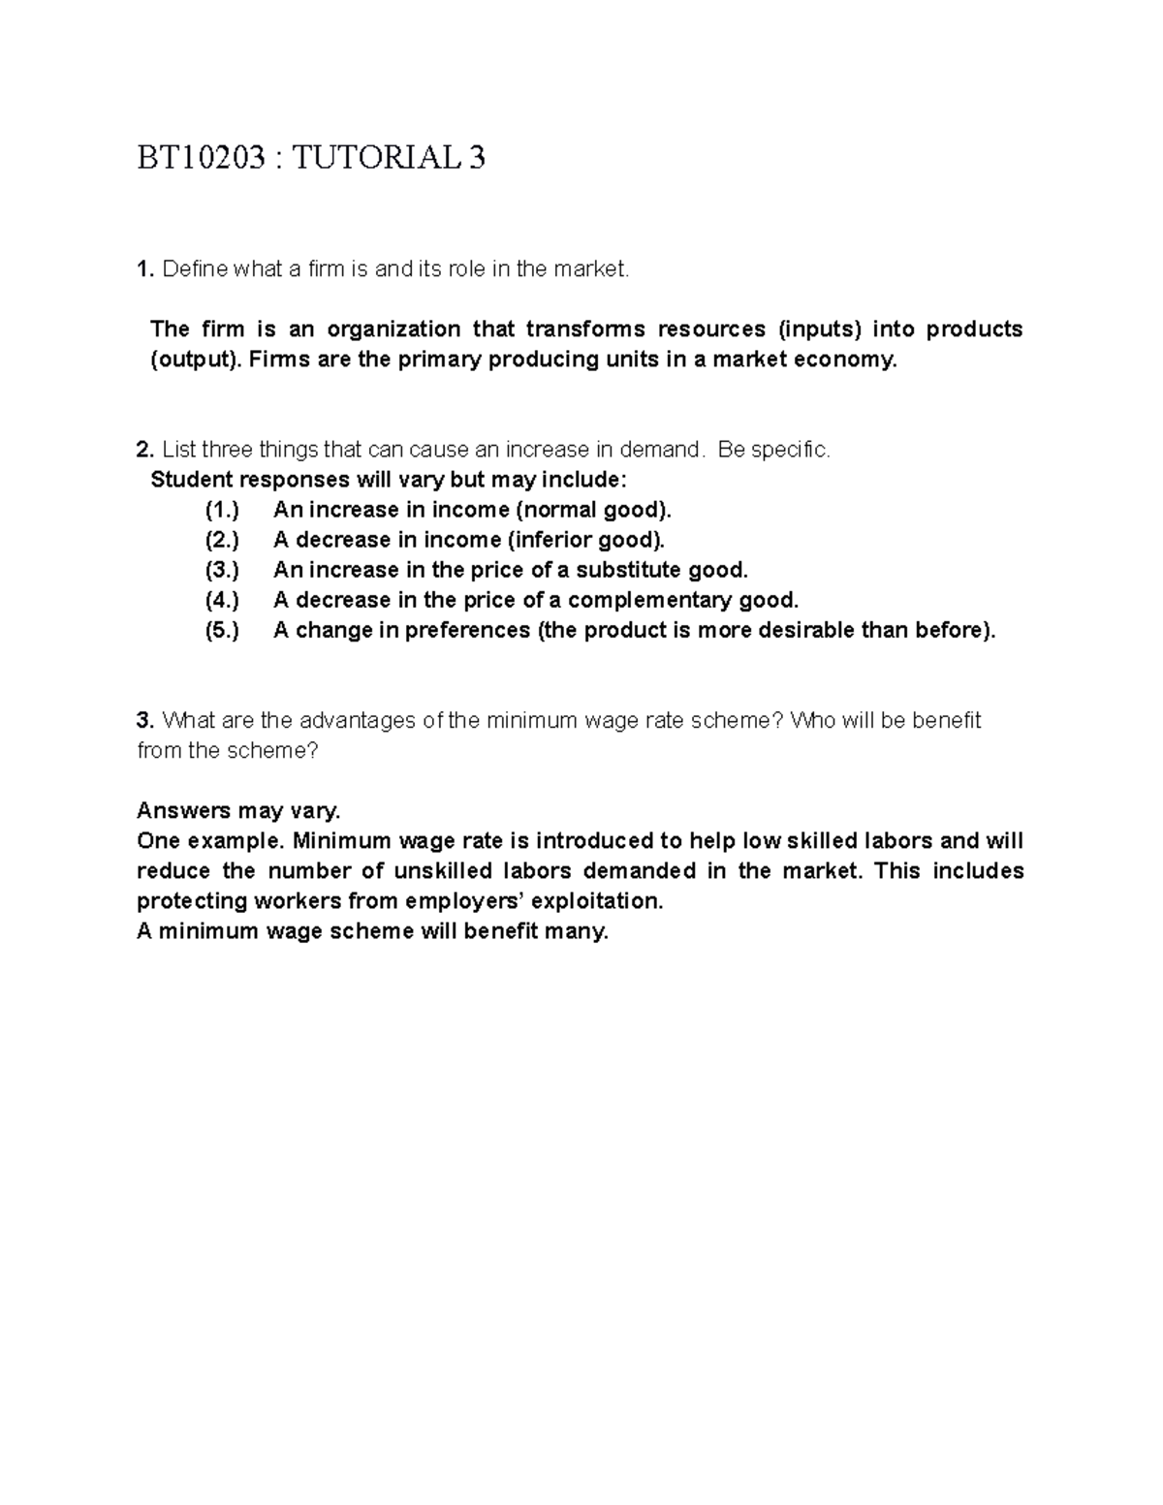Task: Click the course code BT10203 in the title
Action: [x=201, y=157]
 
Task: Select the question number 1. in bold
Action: [x=145, y=269]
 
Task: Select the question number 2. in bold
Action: [x=145, y=450]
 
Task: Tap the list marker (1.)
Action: [x=222, y=510]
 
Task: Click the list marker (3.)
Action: [x=222, y=570]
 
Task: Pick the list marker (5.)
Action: [x=222, y=630]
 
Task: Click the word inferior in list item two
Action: [x=550, y=540]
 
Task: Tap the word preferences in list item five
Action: [x=467, y=630]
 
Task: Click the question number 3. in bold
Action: [x=145, y=720]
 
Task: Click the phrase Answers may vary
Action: [x=238, y=810]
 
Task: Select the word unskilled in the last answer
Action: [x=444, y=870]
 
